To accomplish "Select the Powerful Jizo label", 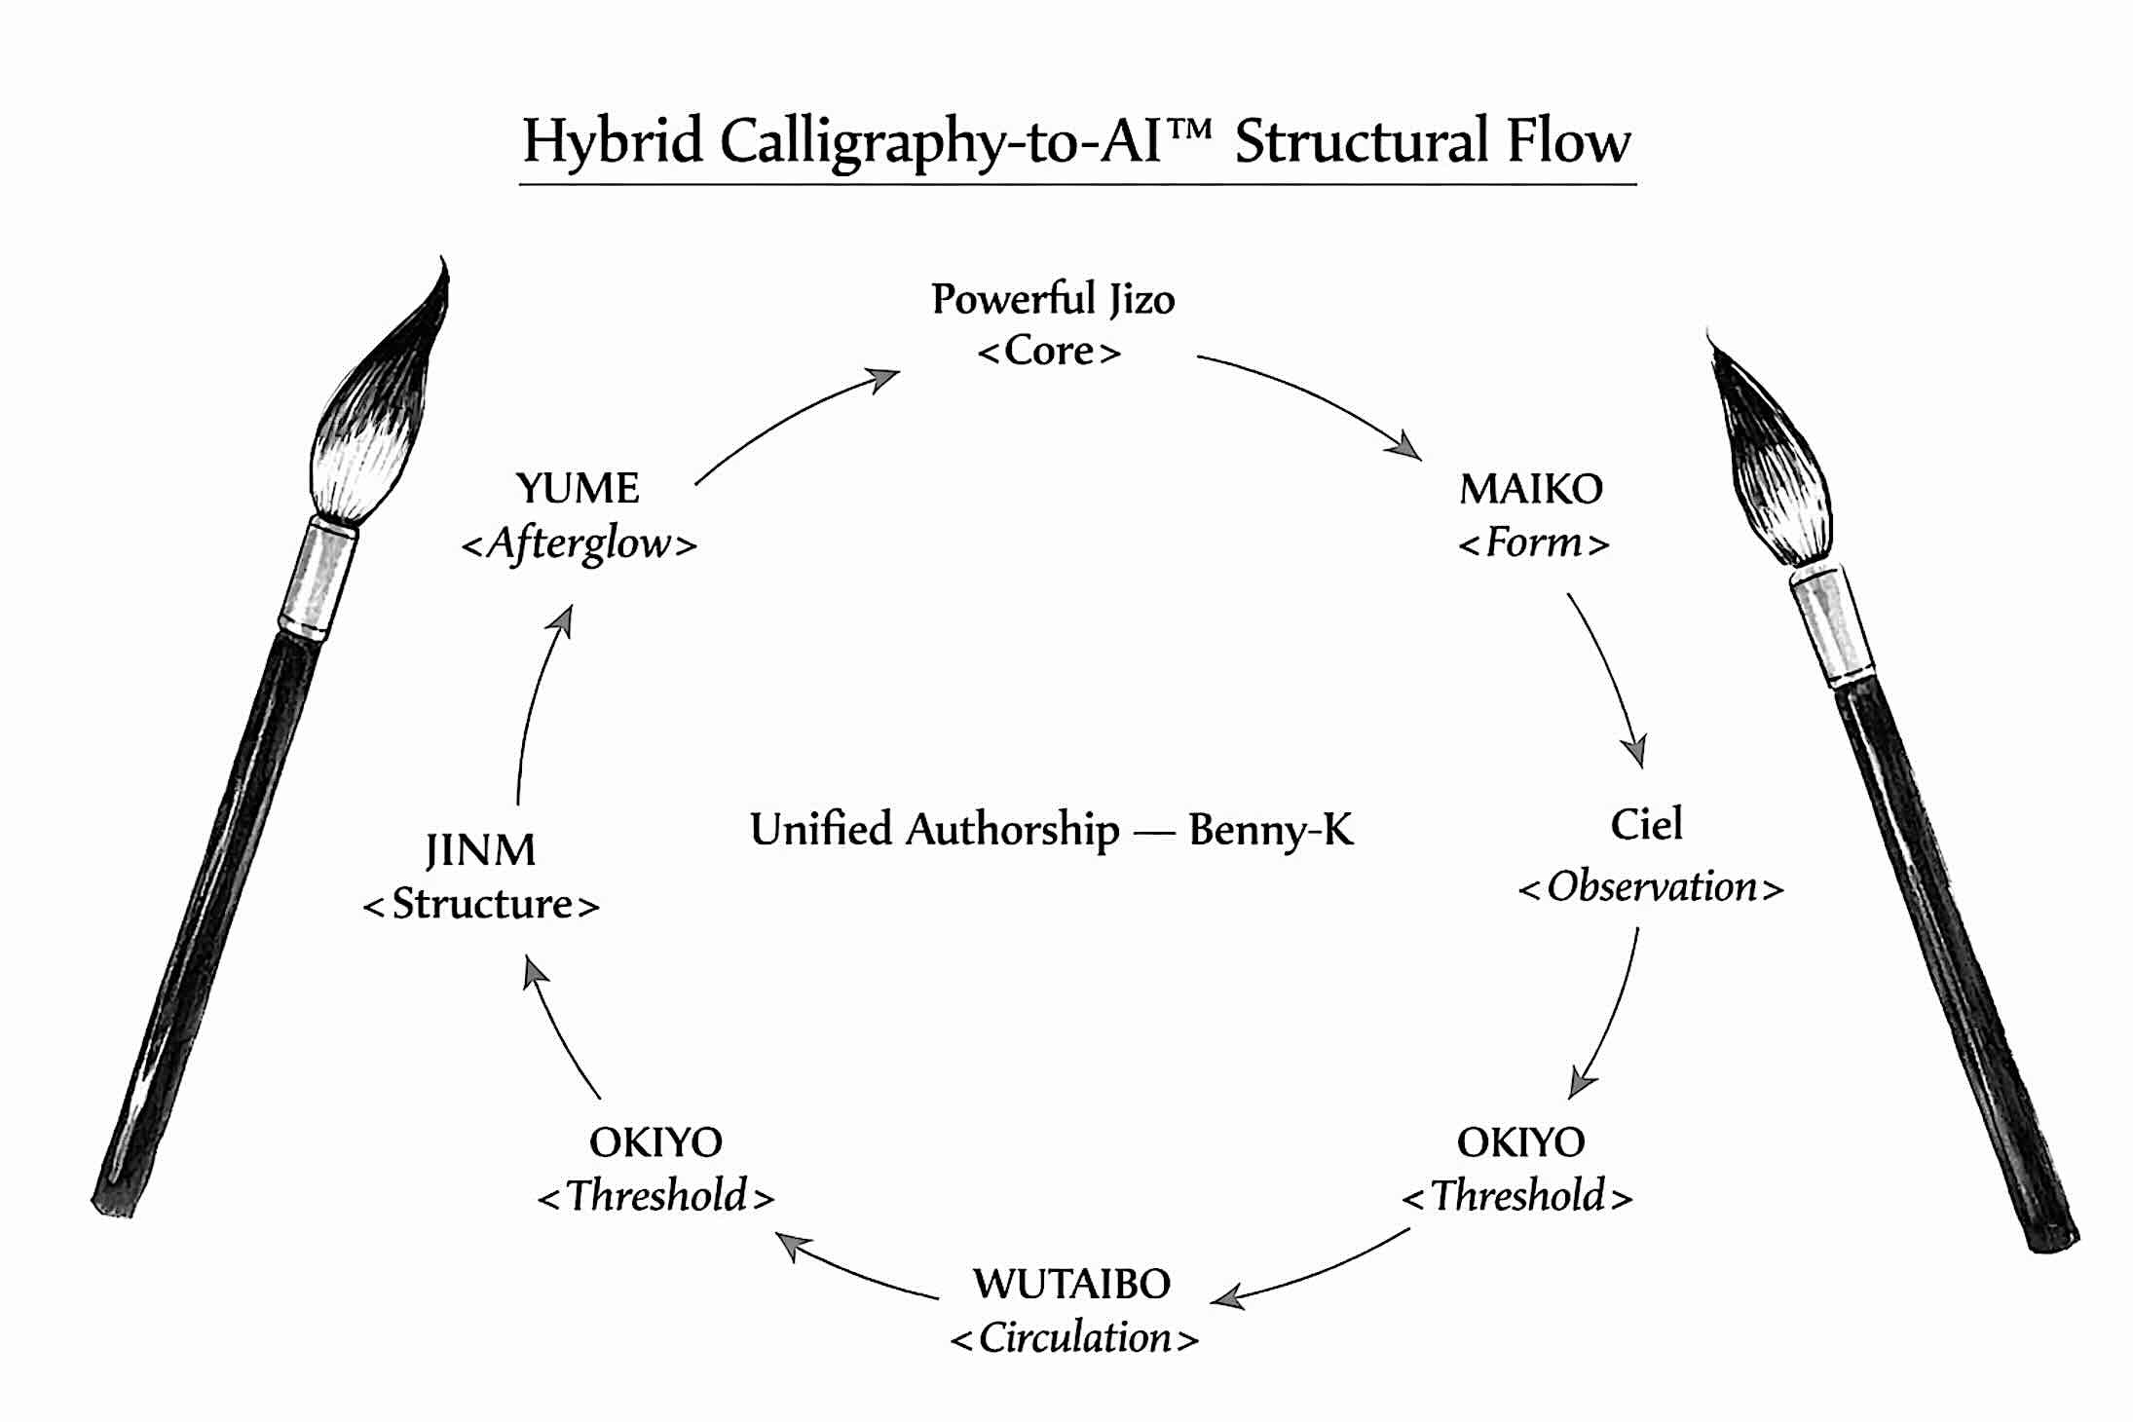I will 1052,298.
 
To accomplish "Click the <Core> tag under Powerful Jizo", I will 1049,351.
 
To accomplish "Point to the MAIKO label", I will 1530,489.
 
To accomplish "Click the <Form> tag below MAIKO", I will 1533,543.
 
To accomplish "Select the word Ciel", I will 1646,824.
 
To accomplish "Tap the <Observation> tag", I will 1651,887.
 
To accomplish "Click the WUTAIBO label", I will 1071,1284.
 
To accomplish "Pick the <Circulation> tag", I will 1074,1338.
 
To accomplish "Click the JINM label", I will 480,850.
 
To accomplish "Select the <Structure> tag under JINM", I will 481,905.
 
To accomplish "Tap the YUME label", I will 578,488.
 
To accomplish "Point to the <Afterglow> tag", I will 580,543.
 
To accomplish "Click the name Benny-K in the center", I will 1271,830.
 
